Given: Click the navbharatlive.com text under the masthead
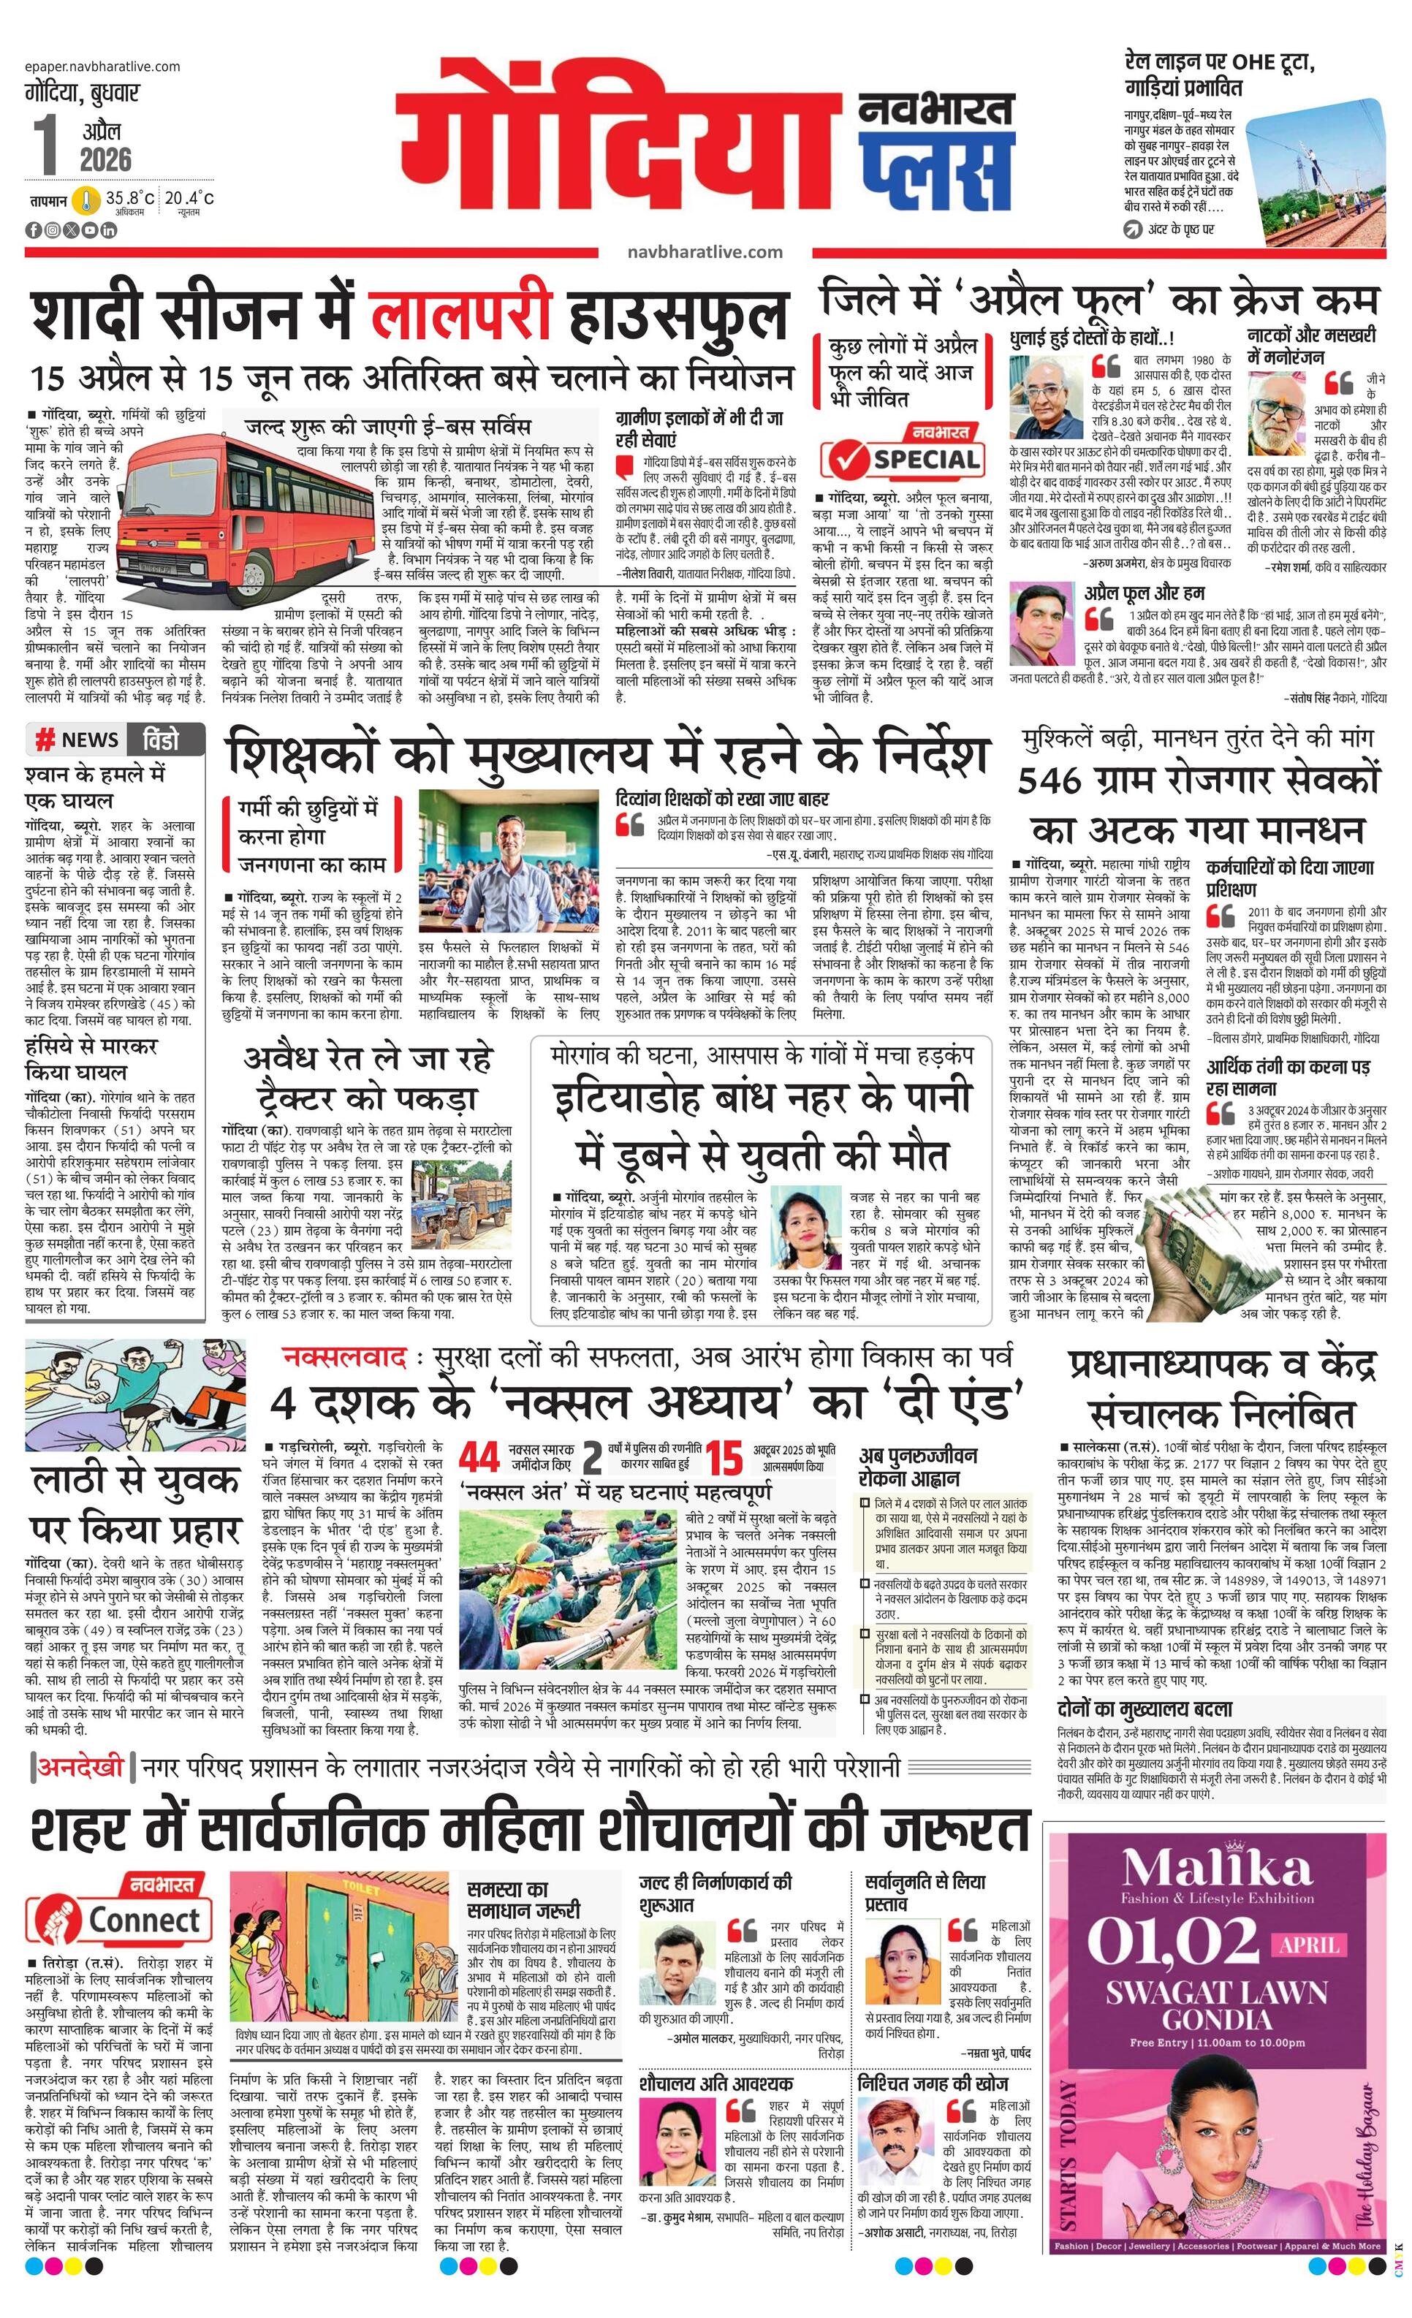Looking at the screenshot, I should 705,251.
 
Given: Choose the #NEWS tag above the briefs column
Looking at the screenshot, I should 77,740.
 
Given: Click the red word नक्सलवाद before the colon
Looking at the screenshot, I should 343,1358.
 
